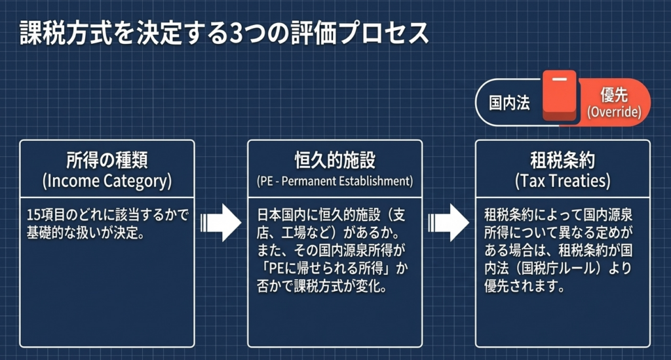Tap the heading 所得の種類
pyautogui.click(x=107, y=161)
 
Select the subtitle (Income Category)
pyautogui.click(x=107, y=181)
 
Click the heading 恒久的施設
pyautogui.click(x=334, y=161)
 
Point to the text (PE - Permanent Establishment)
pyautogui.click(x=334, y=180)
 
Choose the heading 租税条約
pyautogui.click(x=562, y=161)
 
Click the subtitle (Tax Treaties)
pyautogui.click(x=562, y=180)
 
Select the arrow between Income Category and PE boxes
pyautogui.click(x=221, y=222)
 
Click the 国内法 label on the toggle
pyautogui.click(x=510, y=104)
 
